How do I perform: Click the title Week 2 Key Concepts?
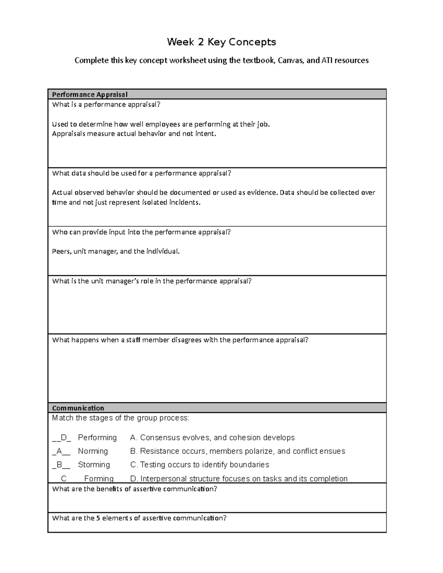[x=221, y=42]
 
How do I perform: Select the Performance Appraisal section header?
[x=90, y=94]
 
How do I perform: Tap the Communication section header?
[x=78, y=408]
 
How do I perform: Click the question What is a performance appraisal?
[x=106, y=104]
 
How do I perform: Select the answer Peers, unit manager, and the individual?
[x=116, y=251]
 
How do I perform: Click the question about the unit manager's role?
[x=152, y=281]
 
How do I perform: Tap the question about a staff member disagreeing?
[x=180, y=340]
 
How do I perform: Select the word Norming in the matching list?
[x=93, y=451]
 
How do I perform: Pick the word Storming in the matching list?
[x=94, y=465]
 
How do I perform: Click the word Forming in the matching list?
[x=99, y=479]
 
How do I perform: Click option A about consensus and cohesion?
[x=212, y=438]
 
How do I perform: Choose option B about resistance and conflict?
[x=238, y=451]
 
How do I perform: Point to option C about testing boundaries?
[x=200, y=465]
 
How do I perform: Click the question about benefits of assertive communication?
[x=135, y=489]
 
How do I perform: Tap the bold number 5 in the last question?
[x=98, y=518]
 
